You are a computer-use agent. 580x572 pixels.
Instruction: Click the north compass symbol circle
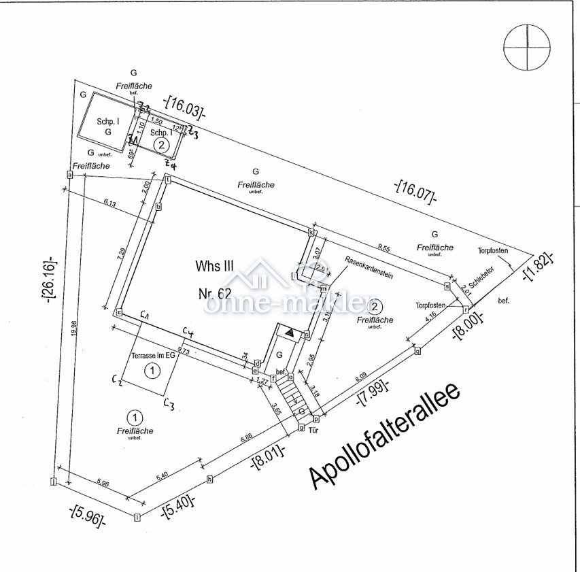pos(527,48)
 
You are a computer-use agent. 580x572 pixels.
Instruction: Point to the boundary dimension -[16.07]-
pos(415,191)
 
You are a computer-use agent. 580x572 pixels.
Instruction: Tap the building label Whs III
pos(215,265)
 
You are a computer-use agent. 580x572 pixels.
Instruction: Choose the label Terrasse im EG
pos(153,356)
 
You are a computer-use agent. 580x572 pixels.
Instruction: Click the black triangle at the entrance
pos(289,333)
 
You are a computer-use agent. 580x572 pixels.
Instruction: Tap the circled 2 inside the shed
pos(161,145)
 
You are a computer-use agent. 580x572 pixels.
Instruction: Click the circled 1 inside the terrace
pos(153,371)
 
